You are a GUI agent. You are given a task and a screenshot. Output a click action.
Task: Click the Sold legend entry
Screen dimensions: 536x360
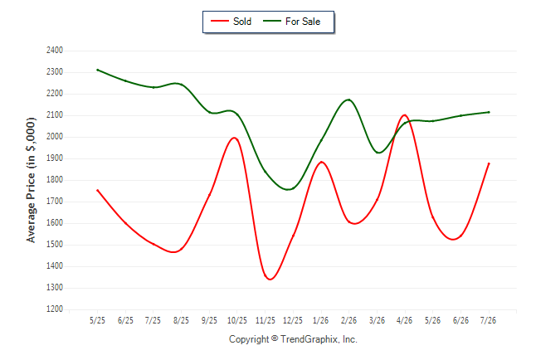point(231,22)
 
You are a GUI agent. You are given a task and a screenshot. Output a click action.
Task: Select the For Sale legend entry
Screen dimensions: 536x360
point(291,22)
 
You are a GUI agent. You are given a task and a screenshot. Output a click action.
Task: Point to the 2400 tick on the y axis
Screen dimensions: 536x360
point(55,51)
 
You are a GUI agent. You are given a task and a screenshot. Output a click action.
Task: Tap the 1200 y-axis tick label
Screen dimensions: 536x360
point(55,309)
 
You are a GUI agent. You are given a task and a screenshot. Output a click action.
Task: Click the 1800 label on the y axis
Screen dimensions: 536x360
point(55,180)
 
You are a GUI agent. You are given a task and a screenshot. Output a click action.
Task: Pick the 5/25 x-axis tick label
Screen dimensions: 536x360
point(97,320)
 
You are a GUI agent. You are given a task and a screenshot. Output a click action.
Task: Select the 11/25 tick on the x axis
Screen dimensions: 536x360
point(266,320)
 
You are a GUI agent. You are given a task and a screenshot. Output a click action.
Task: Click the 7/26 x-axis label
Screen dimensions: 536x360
point(488,320)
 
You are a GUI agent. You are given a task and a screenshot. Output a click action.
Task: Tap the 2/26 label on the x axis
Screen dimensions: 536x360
point(348,320)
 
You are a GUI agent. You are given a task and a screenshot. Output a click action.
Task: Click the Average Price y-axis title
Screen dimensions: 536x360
point(31,180)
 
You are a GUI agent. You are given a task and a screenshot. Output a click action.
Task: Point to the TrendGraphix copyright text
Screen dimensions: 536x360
point(293,339)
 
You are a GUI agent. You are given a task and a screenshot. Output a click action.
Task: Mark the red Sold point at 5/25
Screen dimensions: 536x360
point(97,190)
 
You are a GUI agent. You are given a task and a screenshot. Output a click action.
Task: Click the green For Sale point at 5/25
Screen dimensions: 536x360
point(97,70)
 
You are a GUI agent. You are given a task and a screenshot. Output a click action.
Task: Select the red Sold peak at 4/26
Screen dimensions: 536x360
point(405,115)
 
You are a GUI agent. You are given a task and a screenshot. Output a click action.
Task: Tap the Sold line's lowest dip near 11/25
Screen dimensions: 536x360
point(270,280)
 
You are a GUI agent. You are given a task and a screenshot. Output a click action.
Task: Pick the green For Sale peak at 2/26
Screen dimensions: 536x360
point(348,100)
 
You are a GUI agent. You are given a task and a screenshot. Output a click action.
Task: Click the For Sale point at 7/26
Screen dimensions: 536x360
point(489,112)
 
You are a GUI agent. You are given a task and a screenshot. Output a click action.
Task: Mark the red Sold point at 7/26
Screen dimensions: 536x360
point(489,163)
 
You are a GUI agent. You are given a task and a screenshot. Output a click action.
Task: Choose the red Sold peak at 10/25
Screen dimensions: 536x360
point(235,138)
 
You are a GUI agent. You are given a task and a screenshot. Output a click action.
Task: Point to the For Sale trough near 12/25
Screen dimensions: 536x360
point(288,189)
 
